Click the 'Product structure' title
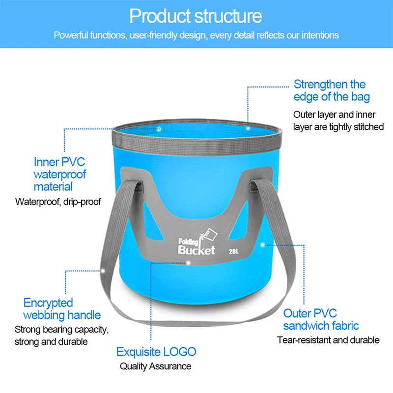tap(196, 16)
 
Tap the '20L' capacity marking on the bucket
tap(234, 252)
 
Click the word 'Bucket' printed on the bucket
tap(196, 250)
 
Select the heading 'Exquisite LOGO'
tap(156, 352)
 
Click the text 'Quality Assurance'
tap(155, 366)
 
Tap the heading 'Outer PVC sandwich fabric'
tap(321, 319)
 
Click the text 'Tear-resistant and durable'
tap(328, 340)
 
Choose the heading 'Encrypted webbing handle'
tap(62, 309)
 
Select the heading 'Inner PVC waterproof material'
tap(60, 174)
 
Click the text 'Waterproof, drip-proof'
tap(58, 201)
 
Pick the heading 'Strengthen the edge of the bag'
tap(332, 91)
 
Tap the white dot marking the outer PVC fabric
tap(262, 245)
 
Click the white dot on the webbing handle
tap(103, 271)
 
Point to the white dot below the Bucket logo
tap(188, 263)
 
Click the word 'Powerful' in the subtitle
tap(70, 35)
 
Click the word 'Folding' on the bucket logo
tap(188, 242)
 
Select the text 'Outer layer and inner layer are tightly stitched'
tap(338, 121)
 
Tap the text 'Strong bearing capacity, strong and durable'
tap(62, 336)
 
